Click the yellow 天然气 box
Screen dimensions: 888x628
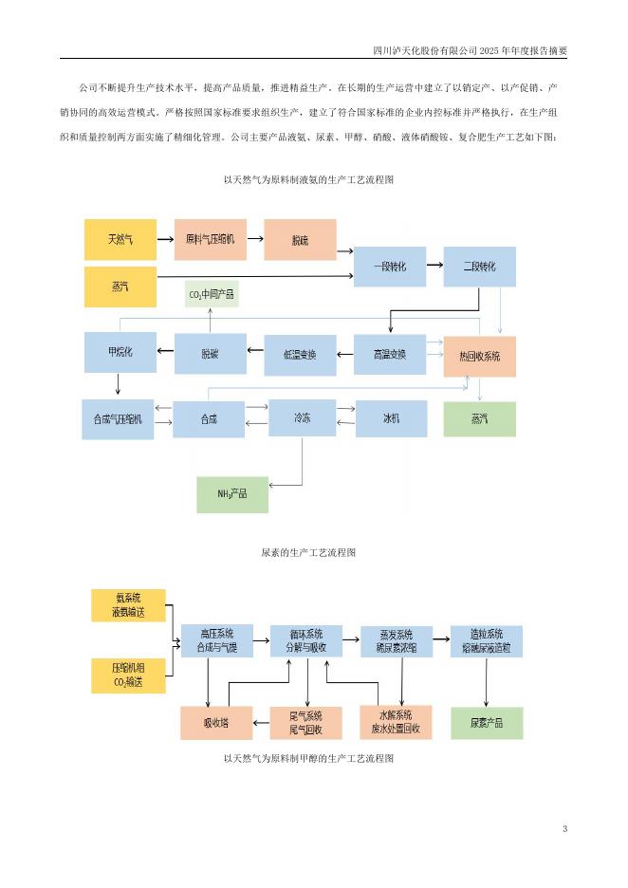point(120,240)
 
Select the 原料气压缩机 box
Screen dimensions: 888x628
point(210,240)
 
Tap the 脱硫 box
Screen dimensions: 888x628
point(300,240)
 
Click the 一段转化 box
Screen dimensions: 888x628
point(390,267)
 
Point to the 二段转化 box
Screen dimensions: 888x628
point(480,267)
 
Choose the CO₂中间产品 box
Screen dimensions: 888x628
point(211,295)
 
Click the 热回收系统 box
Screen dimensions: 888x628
point(480,356)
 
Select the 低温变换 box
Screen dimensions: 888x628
point(300,354)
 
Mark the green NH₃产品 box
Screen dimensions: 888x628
point(231,494)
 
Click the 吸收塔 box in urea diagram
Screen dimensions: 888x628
point(215,723)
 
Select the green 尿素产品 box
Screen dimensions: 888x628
point(486,723)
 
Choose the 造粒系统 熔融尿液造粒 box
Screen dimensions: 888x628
point(486,642)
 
